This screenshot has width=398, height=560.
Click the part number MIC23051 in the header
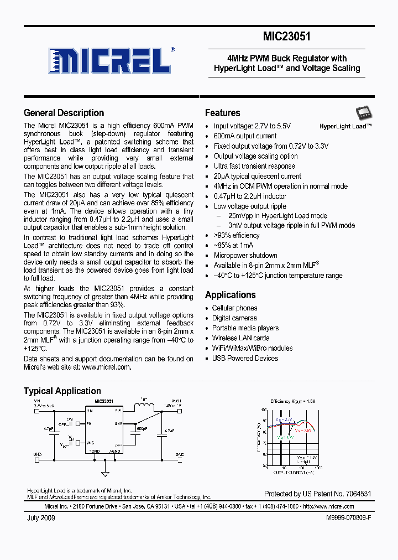point(286,37)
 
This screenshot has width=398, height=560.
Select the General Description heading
point(64,113)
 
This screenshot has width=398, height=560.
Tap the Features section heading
point(222,113)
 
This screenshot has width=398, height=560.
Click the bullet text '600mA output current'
point(245,136)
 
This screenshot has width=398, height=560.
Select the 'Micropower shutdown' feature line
point(245,256)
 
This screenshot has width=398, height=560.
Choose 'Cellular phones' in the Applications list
point(234,308)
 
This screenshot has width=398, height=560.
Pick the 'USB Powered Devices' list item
point(245,358)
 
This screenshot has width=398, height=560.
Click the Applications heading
point(230,295)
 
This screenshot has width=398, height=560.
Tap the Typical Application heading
point(62,391)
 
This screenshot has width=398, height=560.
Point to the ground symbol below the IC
point(105,473)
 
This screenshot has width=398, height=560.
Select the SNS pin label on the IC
point(118,423)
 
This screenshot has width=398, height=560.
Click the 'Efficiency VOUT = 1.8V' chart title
point(292,401)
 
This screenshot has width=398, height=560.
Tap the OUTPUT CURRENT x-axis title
point(293,472)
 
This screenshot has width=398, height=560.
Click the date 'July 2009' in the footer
point(40,518)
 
